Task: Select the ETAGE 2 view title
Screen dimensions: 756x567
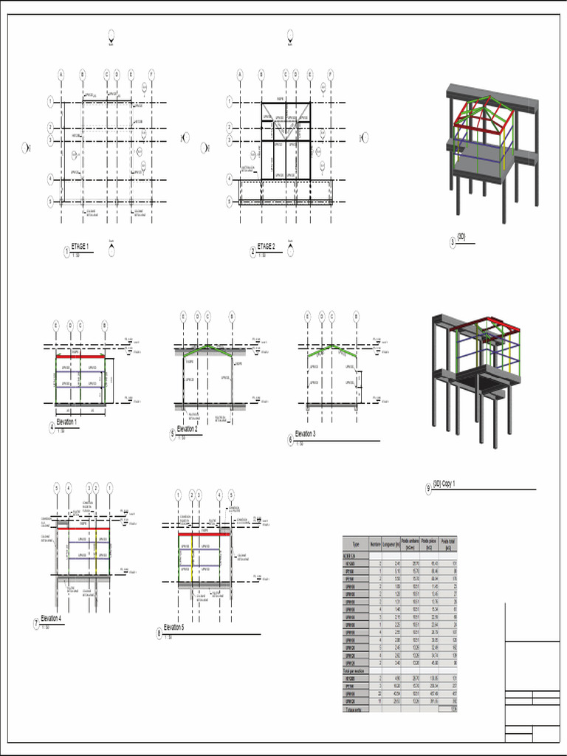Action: (x=266, y=247)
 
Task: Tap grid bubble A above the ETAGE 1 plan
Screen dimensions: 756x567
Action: (x=61, y=74)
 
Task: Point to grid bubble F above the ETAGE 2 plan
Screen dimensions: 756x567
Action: (x=330, y=74)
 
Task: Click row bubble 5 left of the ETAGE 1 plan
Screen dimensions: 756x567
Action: (x=50, y=201)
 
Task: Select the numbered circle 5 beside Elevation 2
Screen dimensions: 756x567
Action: (x=172, y=433)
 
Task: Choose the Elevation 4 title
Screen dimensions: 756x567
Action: (x=51, y=619)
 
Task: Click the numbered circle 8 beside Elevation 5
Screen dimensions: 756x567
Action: (x=159, y=632)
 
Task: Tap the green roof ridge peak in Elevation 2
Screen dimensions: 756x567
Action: (x=208, y=346)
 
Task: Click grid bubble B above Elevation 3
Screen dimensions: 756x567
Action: (x=356, y=316)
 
